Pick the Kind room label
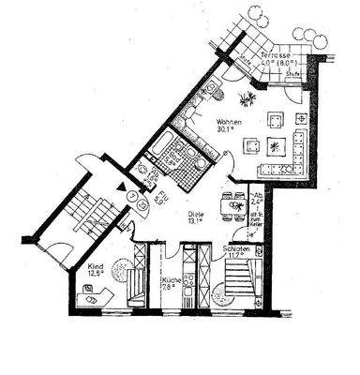coord(95,265)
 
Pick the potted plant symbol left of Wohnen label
coord(247,97)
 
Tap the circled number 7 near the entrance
coord(134,197)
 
